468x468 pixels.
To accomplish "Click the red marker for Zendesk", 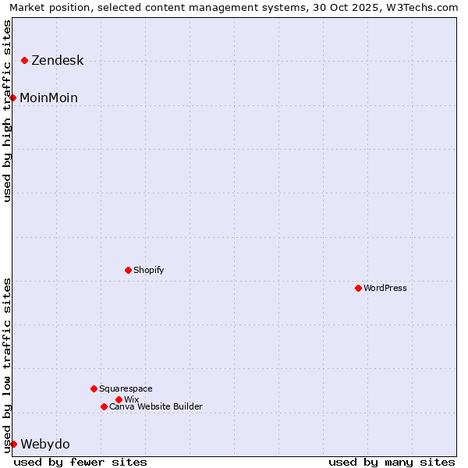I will (x=25, y=60).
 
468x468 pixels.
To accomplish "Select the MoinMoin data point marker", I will (x=13, y=97).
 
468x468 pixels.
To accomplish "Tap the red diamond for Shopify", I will (x=129, y=270).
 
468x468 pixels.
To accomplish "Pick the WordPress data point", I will (x=359, y=288).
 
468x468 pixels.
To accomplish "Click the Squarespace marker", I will (x=94, y=388).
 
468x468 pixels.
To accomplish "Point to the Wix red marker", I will (x=119, y=399).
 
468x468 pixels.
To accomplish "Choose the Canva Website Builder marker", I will (x=104, y=406).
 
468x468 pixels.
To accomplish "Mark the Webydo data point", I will (x=13, y=444).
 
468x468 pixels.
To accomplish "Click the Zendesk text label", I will (x=57, y=61).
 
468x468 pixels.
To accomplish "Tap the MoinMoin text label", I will (x=48, y=97).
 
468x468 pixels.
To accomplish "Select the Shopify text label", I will (x=148, y=270).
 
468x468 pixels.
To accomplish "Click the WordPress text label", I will (x=385, y=288).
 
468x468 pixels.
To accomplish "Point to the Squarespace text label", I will (x=126, y=388).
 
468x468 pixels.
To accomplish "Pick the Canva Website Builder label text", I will (x=155, y=406).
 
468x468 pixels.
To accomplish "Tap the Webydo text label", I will (x=44, y=444).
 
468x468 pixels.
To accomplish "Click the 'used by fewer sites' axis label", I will (x=80, y=462).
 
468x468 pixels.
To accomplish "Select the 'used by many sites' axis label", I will (x=392, y=462).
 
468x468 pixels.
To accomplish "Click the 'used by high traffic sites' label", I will (x=7, y=111).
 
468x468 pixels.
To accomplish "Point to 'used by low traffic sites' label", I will (x=7, y=364).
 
